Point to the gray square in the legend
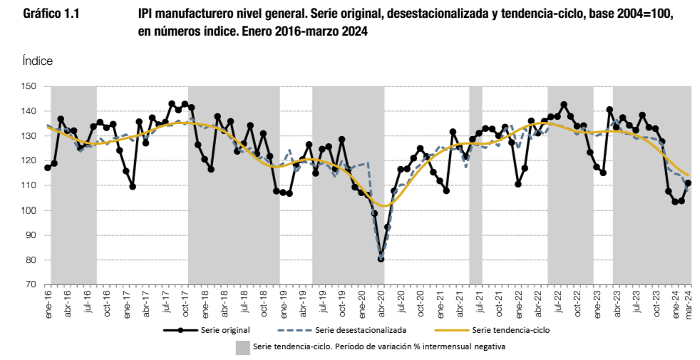tap(243, 347)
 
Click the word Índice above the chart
tap(38, 62)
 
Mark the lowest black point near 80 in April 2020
tap(381, 259)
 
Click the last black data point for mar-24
tap(688, 183)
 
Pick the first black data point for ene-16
tap(48, 168)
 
